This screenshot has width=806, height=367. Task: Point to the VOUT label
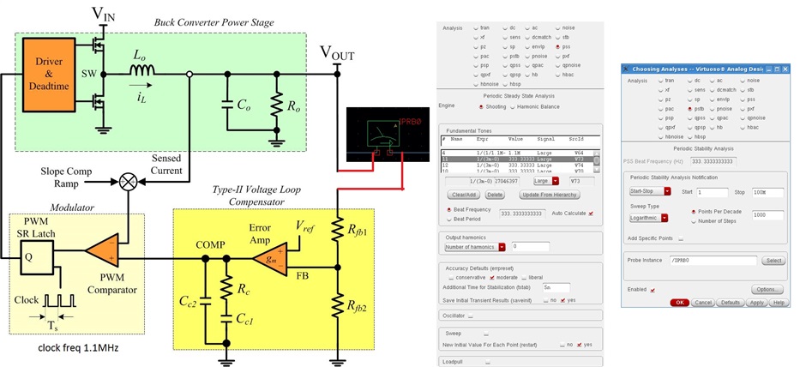[x=337, y=53]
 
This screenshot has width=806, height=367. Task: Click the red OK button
[x=680, y=303]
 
